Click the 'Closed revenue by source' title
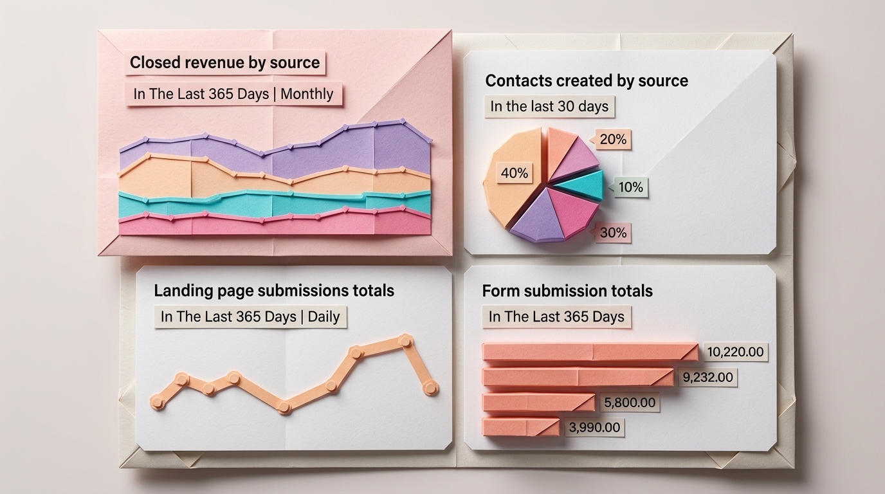point(224,63)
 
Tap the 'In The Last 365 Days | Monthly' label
point(233,94)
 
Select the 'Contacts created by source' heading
point(586,81)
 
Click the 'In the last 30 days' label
point(549,107)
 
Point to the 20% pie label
point(612,139)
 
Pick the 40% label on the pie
point(514,173)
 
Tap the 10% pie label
point(630,187)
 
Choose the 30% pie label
point(612,233)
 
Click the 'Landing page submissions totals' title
point(273,291)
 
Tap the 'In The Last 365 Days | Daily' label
point(250,317)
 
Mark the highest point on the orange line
point(405,340)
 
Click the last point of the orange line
point(430,387)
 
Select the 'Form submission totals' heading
point(567,291)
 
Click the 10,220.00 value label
point(735,352)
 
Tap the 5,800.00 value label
point(630,403)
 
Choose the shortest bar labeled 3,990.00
point(520,427)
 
